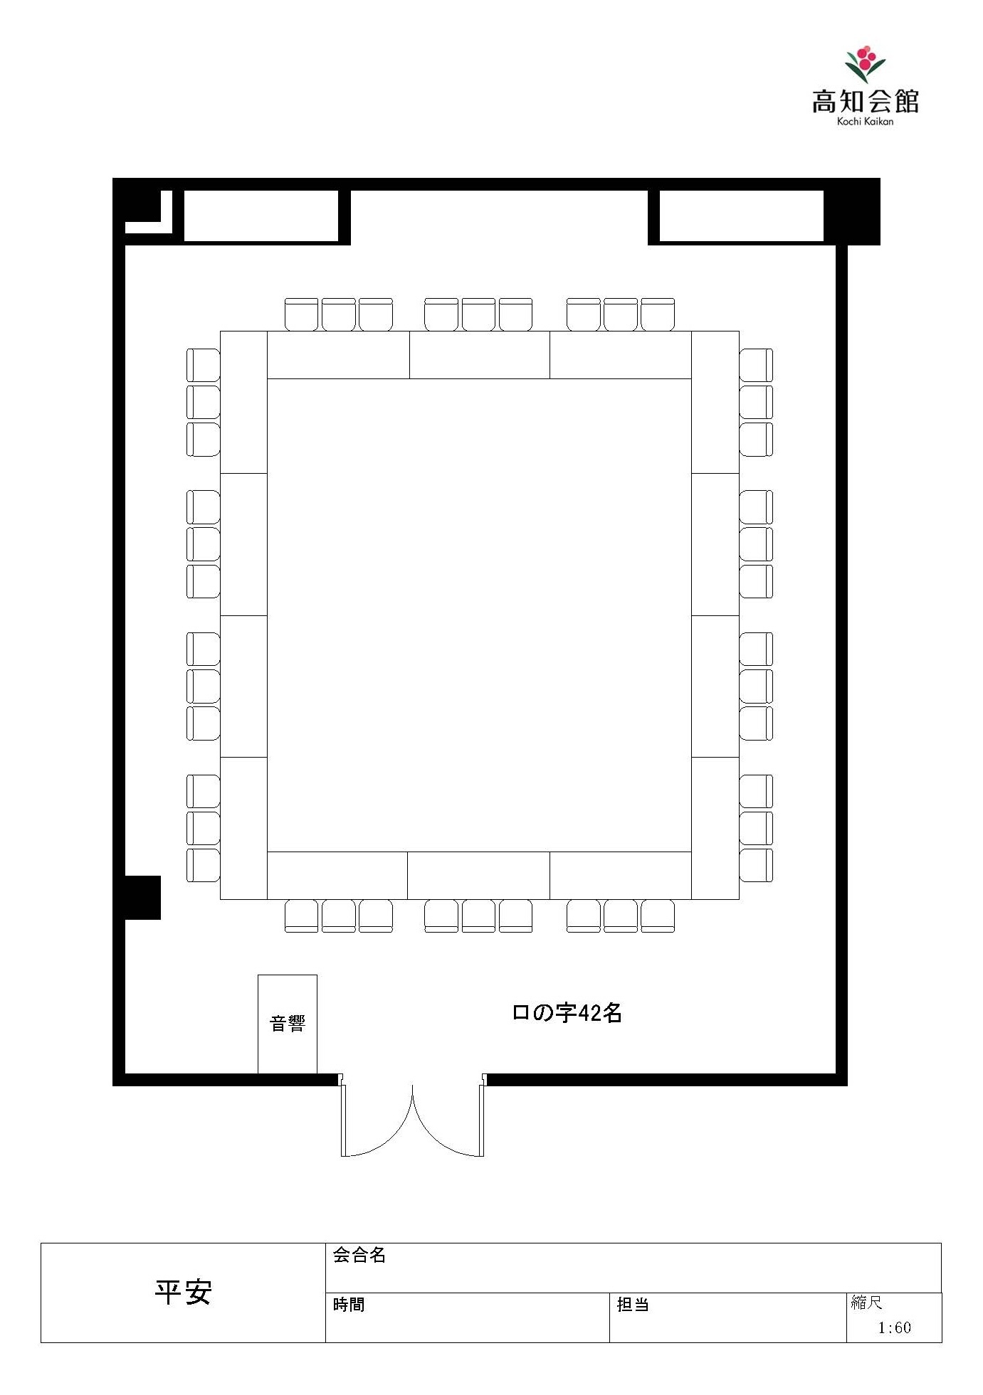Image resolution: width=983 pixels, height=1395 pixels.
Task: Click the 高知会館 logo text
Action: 865,102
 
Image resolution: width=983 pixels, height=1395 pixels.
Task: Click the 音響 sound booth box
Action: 288,1024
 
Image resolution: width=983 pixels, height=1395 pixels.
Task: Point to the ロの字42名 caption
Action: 567,1012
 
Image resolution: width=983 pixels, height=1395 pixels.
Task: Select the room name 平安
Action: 184,1292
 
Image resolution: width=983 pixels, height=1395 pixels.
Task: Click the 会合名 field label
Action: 359,1255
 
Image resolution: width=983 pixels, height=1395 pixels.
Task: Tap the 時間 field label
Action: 349,1305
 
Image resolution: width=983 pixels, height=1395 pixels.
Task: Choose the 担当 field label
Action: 633,1305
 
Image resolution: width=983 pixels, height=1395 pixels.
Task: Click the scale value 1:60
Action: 894,1327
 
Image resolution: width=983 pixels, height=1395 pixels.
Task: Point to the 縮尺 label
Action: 867,1303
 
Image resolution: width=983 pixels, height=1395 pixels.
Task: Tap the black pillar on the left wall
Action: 142,897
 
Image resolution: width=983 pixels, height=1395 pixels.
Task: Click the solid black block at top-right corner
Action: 851,211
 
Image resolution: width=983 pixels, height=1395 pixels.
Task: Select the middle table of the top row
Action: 480,354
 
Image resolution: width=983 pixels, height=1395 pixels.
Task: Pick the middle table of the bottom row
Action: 478,875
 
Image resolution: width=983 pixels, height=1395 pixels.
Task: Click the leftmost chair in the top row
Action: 301,314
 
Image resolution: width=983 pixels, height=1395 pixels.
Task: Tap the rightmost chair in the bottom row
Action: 658,916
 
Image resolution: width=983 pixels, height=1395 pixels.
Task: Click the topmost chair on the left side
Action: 204,365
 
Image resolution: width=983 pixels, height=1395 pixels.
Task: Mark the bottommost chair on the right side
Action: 756,865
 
